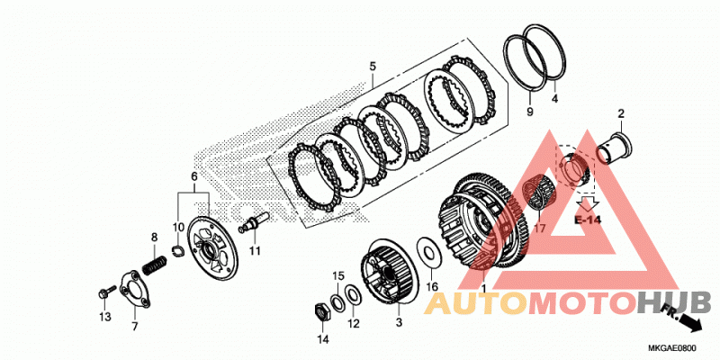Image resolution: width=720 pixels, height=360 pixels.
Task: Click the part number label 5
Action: (373, 67)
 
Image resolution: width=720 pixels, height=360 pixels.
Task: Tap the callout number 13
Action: (105, 317)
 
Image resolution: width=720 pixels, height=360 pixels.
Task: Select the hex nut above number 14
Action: (322, 311)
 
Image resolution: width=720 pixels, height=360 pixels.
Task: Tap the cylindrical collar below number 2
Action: (614, 147)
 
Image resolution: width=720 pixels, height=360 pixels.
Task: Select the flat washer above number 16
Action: (430, 252)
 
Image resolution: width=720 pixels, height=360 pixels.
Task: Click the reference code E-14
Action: (588, 220)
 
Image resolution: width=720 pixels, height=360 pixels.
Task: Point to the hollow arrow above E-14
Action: (588, 202)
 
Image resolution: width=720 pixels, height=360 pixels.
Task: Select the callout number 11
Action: (255, 251)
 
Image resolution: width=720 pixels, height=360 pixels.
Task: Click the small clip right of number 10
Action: (176, 250)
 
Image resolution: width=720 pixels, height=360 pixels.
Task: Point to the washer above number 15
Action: (337, 302)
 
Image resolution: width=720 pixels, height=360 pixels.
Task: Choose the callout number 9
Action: (530, 112)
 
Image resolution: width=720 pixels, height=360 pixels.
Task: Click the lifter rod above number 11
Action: (253, 221)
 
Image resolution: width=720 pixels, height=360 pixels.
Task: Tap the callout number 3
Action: (399, 323)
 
